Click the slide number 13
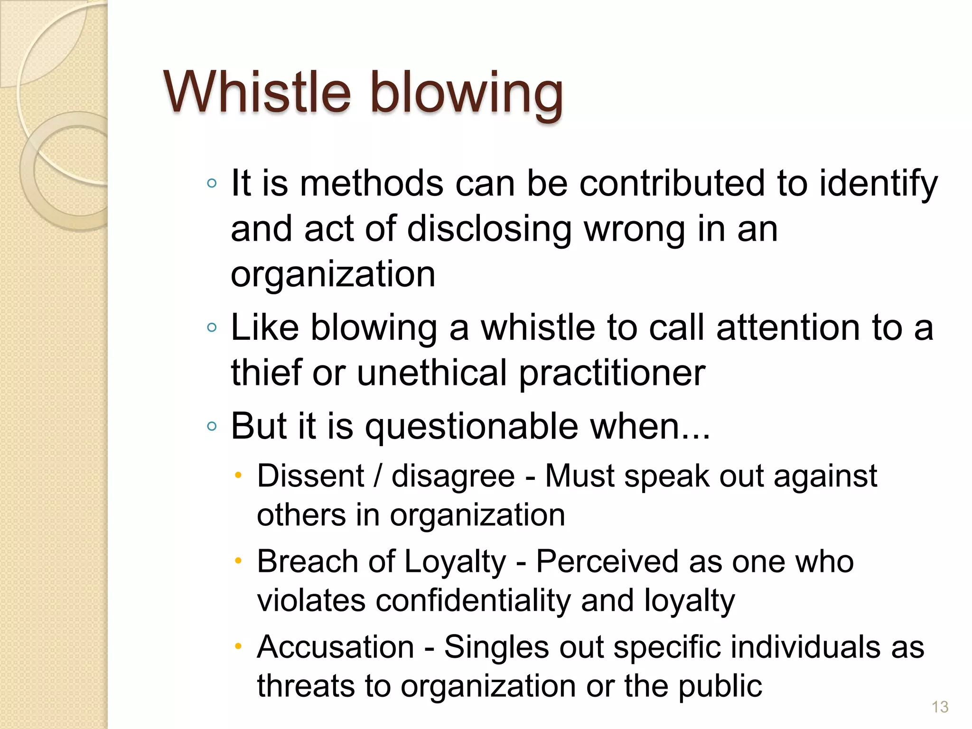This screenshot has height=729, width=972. [x=940, y=707]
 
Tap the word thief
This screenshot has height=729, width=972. [x=266, y=373]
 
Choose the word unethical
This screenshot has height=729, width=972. [x=431, y=373]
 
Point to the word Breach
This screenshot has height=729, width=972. [x=307, y=561]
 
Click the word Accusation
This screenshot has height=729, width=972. [x=336, y=647]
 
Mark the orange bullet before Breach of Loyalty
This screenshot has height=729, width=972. [x=239, y=561]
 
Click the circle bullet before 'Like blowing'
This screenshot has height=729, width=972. [x=212, y=327]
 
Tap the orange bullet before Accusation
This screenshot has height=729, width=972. [x=239, y=646]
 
